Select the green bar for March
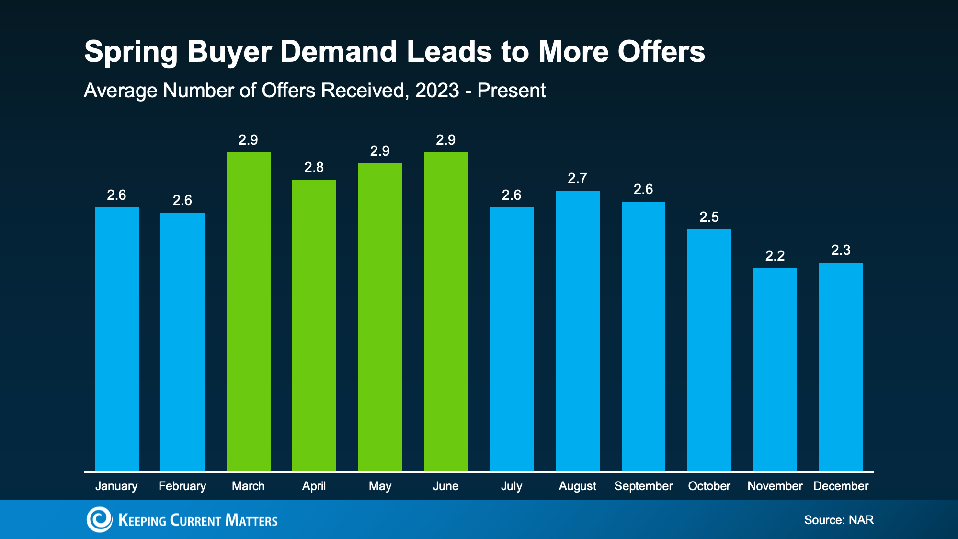(248, 311)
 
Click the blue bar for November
(775, 369)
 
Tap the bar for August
(577, 331)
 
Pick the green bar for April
(314, 326)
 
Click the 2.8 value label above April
(314, 167)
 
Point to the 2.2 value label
(775, 256)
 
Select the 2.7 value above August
(577, 178)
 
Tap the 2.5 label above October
(709, 217)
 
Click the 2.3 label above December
(841, 250)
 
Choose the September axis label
(643, 486)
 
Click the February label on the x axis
(182, 486)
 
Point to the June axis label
(445, 486)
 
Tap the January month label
(116, 486)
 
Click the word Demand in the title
(338, 51)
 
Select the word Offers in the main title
(661, 51)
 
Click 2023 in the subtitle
(437, 91)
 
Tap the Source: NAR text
(839, 520)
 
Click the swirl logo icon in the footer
(99, 519)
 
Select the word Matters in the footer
(251, 520)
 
